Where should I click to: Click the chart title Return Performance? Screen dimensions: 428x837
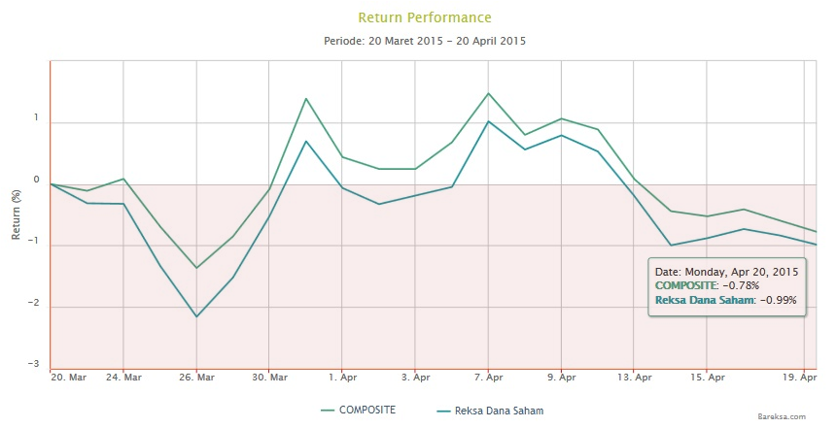425,17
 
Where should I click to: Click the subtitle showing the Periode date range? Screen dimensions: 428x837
424,42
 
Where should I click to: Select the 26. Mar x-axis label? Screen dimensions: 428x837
197,377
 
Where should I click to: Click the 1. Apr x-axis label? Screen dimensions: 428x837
342,377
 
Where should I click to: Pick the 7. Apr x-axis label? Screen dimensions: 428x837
488,377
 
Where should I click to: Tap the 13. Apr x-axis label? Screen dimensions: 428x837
635,377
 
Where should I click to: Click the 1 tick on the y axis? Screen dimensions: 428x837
36,118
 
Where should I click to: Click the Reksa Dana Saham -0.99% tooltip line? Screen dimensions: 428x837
726,300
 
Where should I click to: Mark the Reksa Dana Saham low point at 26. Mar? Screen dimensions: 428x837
196,316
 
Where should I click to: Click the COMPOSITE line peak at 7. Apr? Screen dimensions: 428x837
488,93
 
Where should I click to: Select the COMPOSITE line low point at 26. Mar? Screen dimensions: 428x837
196,268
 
